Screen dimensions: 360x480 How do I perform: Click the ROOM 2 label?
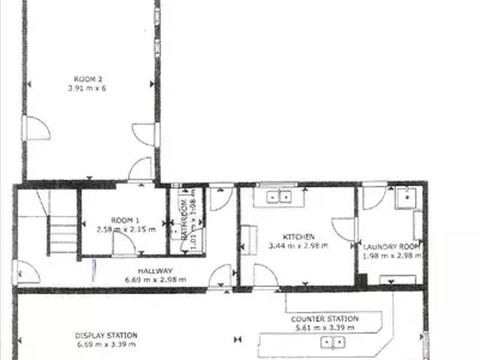tap(88, 79)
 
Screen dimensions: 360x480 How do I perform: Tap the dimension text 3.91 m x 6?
tap(88, 88)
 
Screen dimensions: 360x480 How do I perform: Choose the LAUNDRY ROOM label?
tap(391, 246)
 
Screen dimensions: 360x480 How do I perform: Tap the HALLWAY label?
tap(155, 271)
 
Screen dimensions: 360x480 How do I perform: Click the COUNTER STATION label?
tap(325, 319)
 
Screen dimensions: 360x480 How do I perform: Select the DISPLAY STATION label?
tap(105, 335)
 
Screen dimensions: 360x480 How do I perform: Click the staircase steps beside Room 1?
tap(62, 235)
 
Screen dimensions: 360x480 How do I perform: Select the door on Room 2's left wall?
tap(35, 128)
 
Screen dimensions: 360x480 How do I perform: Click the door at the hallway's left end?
tap(27, 271)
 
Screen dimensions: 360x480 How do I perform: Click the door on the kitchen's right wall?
tap(343, 229)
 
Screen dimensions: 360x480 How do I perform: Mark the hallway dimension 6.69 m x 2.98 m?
tap(155, 280)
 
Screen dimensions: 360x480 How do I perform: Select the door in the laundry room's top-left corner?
tap(373, 197)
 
